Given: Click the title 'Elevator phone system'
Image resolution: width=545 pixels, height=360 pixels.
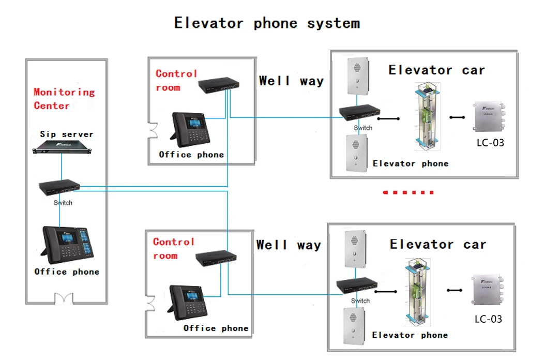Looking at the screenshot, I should [x=267, y=23].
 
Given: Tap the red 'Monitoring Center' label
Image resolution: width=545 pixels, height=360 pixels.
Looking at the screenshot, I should [x=64, y=99].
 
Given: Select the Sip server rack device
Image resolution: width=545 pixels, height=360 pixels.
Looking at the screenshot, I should [x=61, y=151].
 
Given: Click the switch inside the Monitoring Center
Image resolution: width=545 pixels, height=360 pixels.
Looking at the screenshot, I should [x=59, y=187].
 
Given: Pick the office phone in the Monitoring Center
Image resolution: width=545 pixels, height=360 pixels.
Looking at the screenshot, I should [x=67, y=245].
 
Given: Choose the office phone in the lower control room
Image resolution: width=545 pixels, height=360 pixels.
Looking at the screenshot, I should [x=187, y=302].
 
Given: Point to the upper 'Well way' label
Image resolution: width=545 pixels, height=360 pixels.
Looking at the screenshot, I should [x=291, y=81].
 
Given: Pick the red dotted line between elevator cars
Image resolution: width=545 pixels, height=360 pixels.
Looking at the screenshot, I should [x=408, y=192].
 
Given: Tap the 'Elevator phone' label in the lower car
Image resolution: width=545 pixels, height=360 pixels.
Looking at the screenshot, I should [x=410, y=335].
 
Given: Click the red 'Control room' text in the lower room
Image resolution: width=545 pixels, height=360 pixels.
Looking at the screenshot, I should [x=173, y=248].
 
